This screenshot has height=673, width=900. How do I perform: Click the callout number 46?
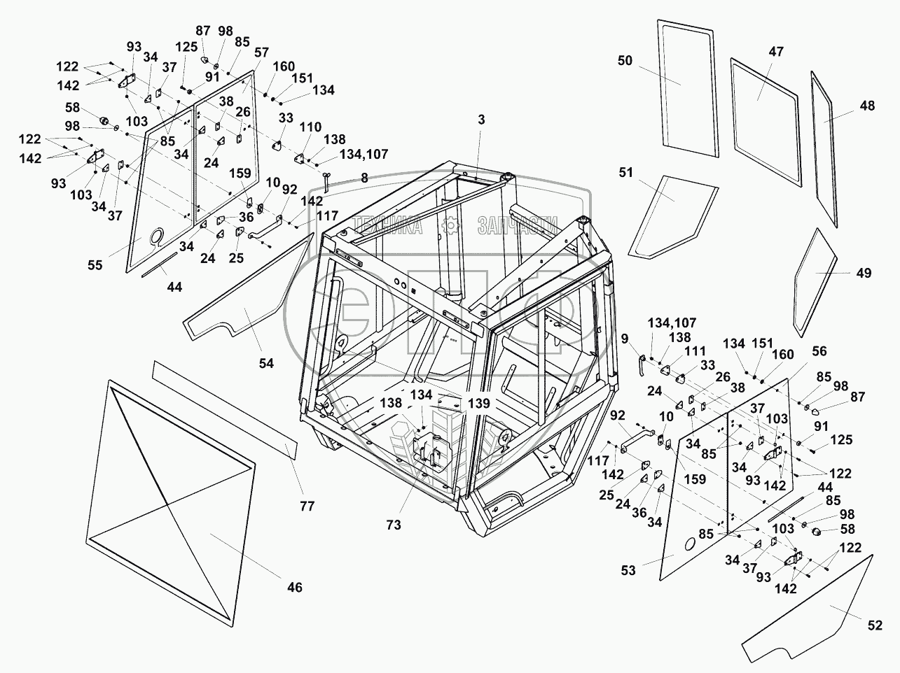pyautogui.click(x=295, y=587)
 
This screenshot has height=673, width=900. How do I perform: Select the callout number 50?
pyautogui.click(x=625, y=61)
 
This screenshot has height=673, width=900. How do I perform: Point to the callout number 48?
pyautogui.click(x=867, y=106)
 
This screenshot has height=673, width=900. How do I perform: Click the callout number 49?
pyautogui.click(x=864, y=273)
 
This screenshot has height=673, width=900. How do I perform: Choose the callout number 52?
pyautogui.click(x=874, y=626)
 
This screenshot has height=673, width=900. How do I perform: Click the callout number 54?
pyautogui.click(x=265, y=363)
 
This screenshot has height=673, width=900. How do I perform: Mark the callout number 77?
pyautogui.click(x=307, y=505)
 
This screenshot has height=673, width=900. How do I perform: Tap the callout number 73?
pyautogui.click(x=394, y=525)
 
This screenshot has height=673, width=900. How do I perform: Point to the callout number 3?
pyautogui.click(x=481, y=120)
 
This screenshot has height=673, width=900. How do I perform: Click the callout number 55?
pyautogui.click(x=94, y=265)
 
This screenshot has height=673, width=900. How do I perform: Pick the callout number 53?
pyautogui.click(x=628, y=570)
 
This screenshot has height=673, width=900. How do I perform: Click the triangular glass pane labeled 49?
pyautogui.click(x=816, y=280)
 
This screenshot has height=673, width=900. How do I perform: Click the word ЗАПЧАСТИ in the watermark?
pyautogui.click(x=518, y=225)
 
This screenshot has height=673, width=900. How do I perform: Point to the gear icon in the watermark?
pyautogui.click(x=452, y=225)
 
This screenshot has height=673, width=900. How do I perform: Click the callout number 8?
pyautogui.click(x=364, y=178)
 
